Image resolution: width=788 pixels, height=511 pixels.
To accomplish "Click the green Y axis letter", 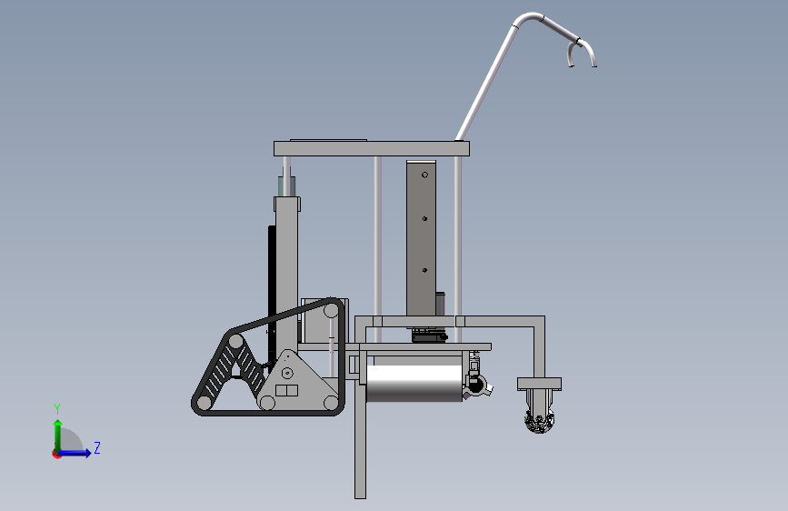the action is (x=57, y=409).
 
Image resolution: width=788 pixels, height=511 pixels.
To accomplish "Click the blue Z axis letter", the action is (x=97, y=447).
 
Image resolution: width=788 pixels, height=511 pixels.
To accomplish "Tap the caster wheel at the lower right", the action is (x=539, y=422).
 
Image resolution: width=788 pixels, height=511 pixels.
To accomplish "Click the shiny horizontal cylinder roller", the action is (x=414, y=384).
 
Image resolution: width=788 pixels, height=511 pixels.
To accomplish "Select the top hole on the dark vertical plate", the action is (x=424, y=175).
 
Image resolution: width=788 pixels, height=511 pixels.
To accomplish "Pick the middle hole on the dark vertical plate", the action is (x=424, y=219).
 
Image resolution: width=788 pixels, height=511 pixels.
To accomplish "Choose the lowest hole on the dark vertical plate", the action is (x=424, y=271).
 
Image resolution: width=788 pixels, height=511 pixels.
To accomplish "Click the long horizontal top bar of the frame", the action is (x=372, y=148).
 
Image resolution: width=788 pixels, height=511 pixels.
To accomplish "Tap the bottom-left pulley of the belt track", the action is (x=204, y=403).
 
